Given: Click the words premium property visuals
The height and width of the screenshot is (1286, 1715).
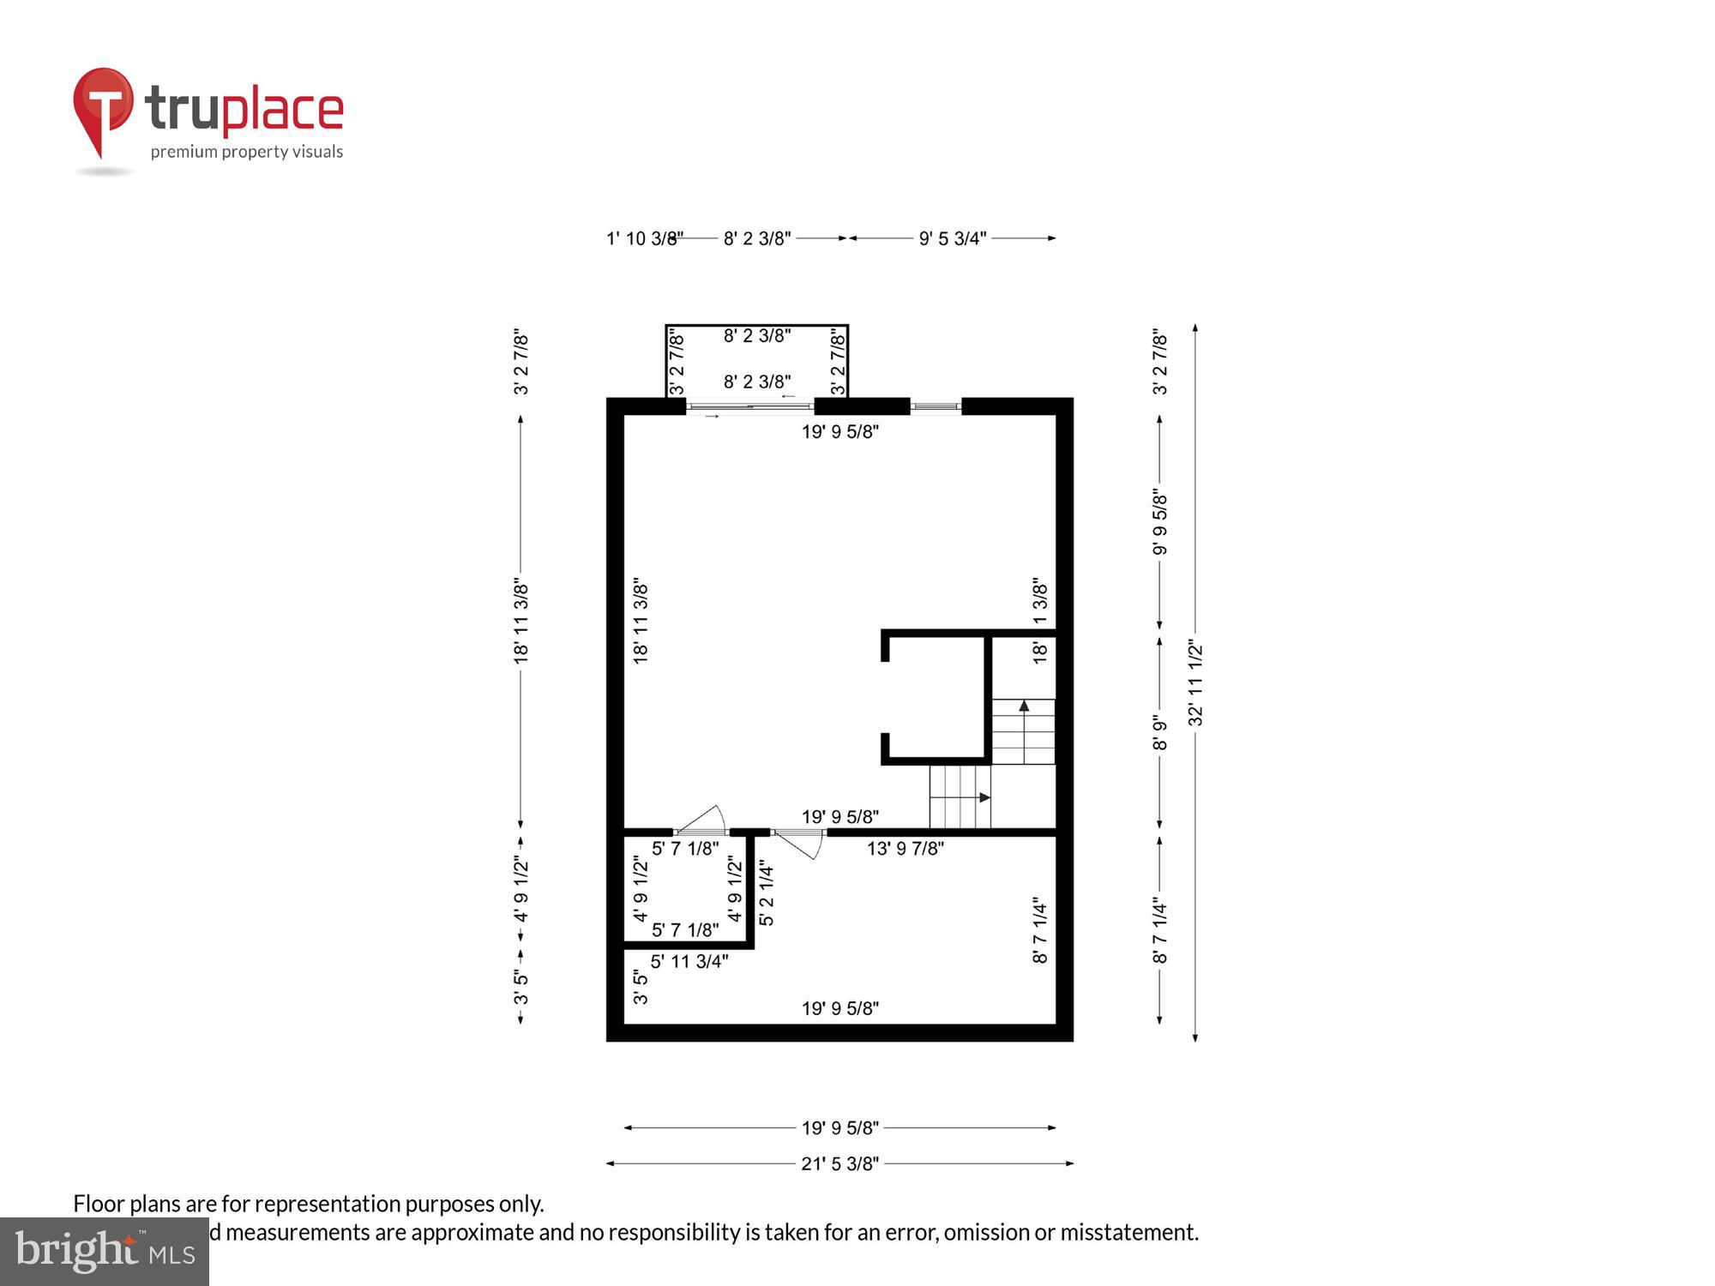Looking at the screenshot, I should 247,152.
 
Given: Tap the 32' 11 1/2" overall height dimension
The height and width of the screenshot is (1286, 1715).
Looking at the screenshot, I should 1195,683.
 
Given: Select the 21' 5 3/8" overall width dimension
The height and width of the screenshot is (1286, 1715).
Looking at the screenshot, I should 839,1163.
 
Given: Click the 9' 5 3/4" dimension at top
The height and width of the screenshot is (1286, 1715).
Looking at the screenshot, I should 952,238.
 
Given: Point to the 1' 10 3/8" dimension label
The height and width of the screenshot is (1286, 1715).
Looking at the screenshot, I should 644,238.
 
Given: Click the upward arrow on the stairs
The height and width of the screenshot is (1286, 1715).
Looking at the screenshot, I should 1024,706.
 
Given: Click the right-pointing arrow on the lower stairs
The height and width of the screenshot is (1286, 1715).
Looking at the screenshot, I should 984,797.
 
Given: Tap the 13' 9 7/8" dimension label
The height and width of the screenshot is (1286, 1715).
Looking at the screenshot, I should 905,849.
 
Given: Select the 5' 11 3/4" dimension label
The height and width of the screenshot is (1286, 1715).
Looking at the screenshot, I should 689,961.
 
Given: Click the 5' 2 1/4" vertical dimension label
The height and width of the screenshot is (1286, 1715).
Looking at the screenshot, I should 767,894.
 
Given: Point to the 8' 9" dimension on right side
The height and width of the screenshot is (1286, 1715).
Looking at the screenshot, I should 1159,733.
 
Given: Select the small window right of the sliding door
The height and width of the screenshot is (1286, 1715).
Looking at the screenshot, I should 936,406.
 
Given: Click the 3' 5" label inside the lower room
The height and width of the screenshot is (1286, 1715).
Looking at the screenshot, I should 640,986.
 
